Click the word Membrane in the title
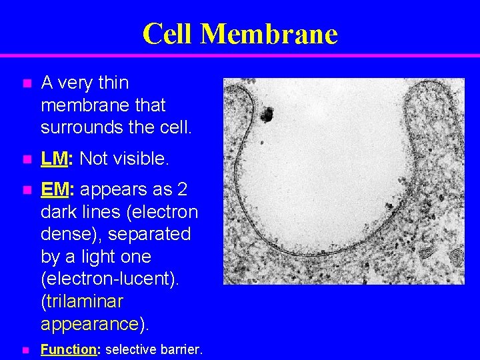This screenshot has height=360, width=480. [269, 33]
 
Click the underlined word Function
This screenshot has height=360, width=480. [69, 349]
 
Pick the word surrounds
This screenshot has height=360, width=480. [77, 127]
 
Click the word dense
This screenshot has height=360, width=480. [63, 235]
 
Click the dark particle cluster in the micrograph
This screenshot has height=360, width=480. [267, 115]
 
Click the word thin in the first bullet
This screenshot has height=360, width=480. [113, 83]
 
